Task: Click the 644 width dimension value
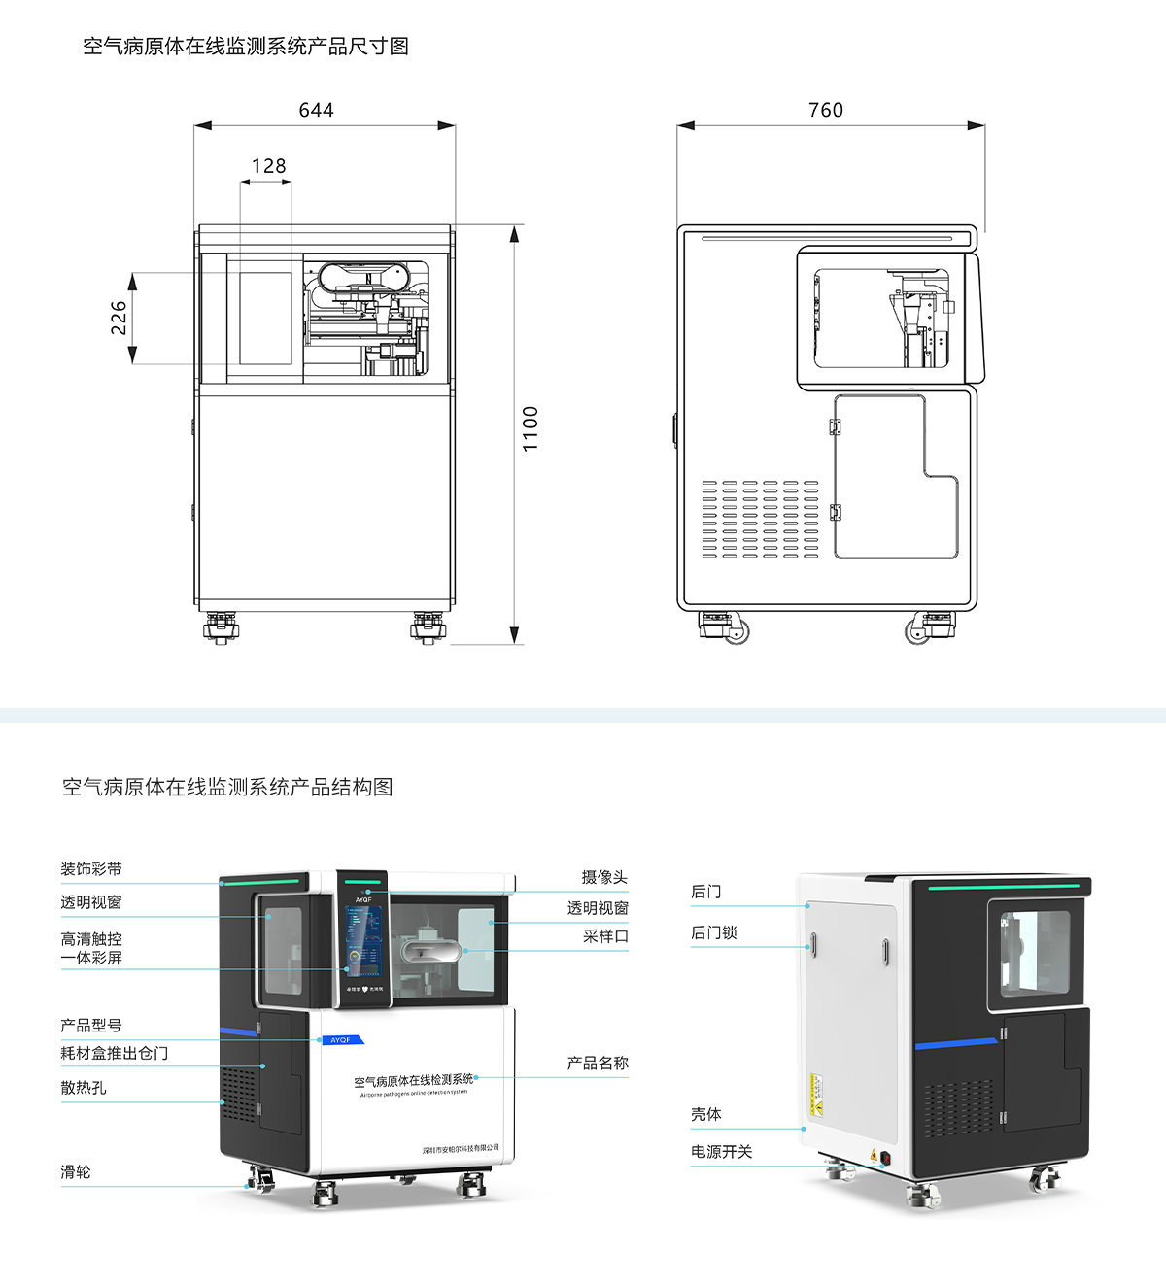click(316, 110)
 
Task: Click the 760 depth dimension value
click(825, 110)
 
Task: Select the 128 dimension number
click(268, 166)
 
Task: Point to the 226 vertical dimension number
click(119, 317)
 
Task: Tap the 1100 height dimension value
click(531, 428)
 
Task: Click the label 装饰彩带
click(91, 869)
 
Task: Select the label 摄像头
click(604, 877)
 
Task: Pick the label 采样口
click(605, 936)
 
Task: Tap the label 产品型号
click(91, 1026)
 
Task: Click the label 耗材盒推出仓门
click(114, 1053)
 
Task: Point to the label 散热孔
click(84, 1088)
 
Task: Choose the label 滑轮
click(76, 1172)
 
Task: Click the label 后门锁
click(714, 932)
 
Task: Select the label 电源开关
click(721, 1152)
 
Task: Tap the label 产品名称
click(598, 1064)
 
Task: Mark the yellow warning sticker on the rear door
click(816, 1094)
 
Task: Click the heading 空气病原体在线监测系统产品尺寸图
click(246, 46)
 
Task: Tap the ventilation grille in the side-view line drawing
click(761, 519)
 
